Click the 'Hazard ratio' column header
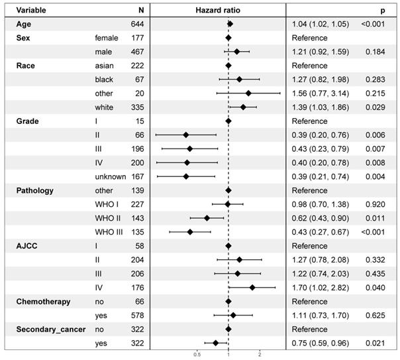click(218, 10)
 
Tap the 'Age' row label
click(24, 24)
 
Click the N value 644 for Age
click(136, 24)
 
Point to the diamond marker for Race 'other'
click(248, 93)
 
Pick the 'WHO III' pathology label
click(111, 232)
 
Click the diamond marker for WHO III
click(191, 232)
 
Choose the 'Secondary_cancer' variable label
click(50, 329)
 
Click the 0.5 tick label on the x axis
click(197, 354)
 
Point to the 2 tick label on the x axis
click(260, 354)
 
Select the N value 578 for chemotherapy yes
click(136, 315)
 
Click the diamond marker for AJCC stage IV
click(252, 287)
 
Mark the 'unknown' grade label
click(111, 176)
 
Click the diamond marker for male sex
click(237, 52)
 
